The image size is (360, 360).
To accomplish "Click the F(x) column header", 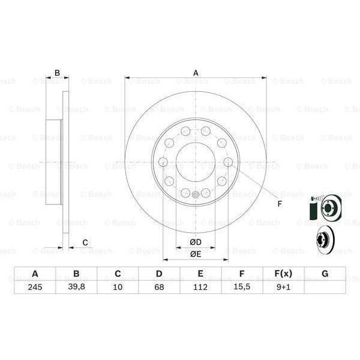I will [283, 274].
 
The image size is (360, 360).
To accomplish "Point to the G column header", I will [325, 274].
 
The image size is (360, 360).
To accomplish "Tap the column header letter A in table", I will [35, 274].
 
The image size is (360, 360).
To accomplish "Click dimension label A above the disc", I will [196, 73].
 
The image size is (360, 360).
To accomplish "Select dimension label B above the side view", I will [58, 73].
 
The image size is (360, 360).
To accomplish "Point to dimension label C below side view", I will [85, 242].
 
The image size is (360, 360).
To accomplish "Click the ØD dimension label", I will [196, 242].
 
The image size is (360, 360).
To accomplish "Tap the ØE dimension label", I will [196, 254].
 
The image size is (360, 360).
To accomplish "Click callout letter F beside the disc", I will [279, 203].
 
